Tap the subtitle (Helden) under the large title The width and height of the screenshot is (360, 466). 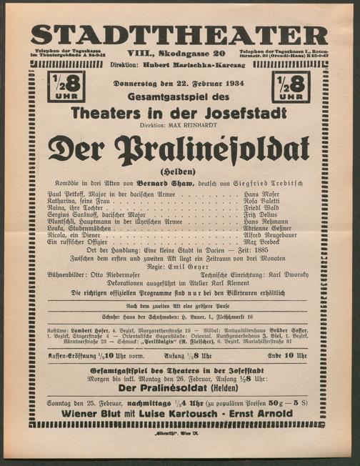(178, 171)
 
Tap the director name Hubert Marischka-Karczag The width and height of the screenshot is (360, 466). (193, 64)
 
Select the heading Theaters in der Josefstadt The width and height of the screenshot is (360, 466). (179, 112)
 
